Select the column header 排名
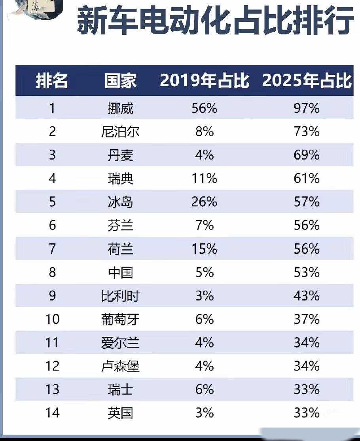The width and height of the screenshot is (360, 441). coord(52,81)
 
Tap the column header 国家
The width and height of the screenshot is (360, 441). coord(120,81)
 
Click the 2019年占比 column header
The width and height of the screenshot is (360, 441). coord(205,81)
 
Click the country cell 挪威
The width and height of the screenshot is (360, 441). coord(120,108)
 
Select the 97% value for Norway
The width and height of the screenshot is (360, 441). coord(307,108)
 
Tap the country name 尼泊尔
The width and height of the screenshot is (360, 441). coord(120,131)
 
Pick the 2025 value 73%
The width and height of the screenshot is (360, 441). coord(307,131)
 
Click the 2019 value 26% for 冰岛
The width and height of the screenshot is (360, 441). coord(205,202)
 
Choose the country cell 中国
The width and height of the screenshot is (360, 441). coord(120,272)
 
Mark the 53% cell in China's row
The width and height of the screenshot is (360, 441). coord(307,272)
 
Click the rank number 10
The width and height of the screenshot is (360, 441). coord(52,319)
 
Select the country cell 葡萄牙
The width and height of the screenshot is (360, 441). coord(120,319)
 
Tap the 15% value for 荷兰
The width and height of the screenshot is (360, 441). coord(205,249)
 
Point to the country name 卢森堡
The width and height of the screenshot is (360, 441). coord(120,366)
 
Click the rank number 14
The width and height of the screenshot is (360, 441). coord(52,413)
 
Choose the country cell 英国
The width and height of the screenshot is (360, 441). coord(120,413)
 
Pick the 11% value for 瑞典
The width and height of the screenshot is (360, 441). coord(205,179)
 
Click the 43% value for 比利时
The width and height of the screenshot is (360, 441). coord(307,296)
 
